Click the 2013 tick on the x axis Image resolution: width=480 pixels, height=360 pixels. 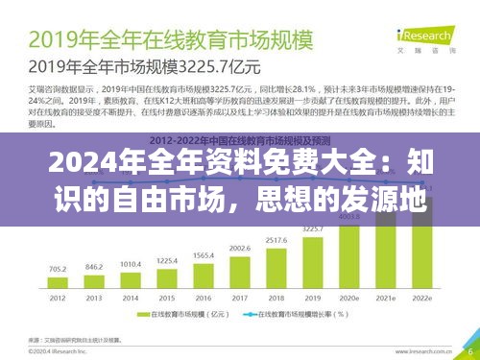(x=92, y=298)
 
